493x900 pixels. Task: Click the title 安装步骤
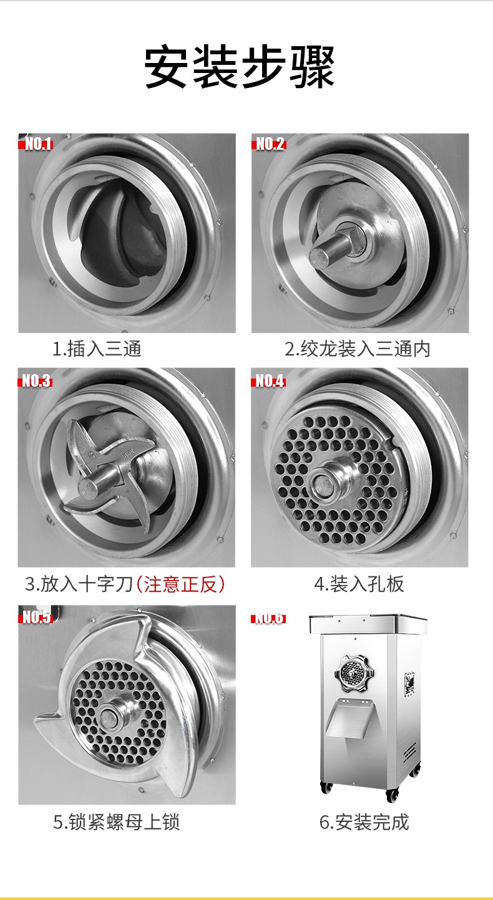[x=240, y=67]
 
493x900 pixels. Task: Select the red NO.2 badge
[x=270, y=144]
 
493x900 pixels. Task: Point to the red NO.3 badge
[x=36, y=380]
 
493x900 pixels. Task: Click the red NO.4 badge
[x=270, y=380]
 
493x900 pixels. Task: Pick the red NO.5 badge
[x=36, y=617]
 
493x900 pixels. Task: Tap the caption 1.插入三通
[x=97, y=349]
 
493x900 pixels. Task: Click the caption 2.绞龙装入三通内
[x=357, y=349]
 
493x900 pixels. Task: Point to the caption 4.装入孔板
[x=359, y=584]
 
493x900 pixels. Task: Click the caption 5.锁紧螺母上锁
[x=117, y=822]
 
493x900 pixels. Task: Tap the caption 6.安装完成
[x=364, y=822]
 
